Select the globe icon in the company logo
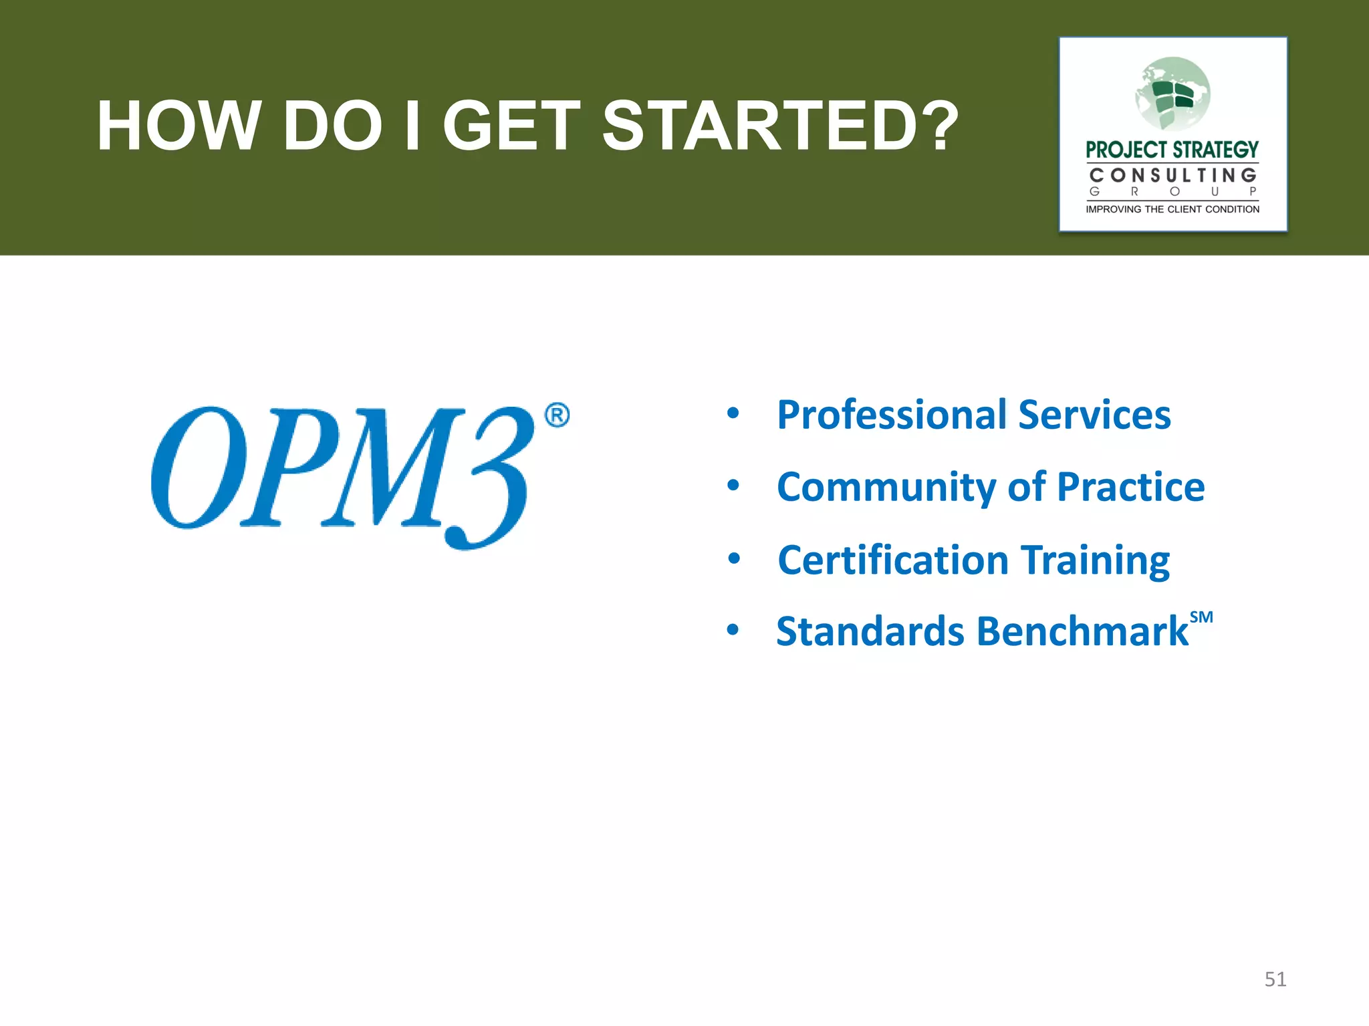[x=1173, y=94]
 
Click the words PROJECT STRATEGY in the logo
[x=1172, y=150]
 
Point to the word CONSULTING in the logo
[x=1172, y=176]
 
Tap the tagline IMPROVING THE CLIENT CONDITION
[x=1172, y=210]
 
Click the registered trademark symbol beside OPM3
[x=557, y=415]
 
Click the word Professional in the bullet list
[x=892, y=415]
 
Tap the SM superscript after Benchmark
[x=1201, y=617]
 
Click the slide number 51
[x=1275, y=979]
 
